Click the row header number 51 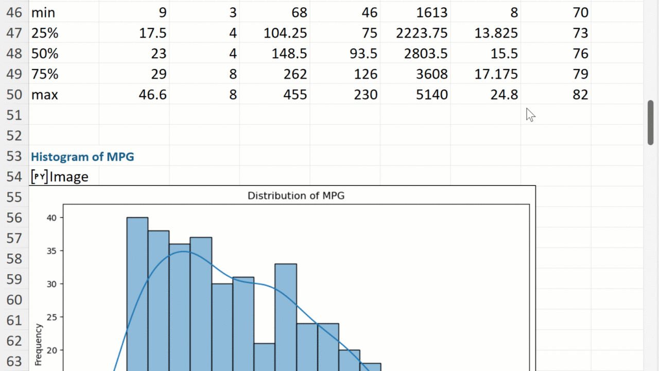[x=14, y=115]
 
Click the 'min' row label [x=43, y=12]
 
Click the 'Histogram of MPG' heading [x=82, y=157]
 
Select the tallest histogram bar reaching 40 [x=137, y=294]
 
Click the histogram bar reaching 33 [x=285, y=317]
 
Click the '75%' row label [x=45, y=74]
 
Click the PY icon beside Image [x=39, y=177]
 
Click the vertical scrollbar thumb [x=651, y=123]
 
